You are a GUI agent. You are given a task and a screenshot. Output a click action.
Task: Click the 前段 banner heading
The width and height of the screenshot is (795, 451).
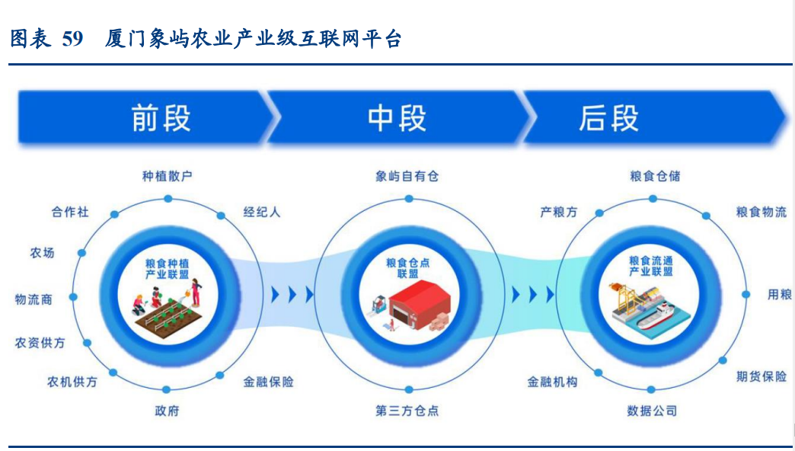click(161, 119)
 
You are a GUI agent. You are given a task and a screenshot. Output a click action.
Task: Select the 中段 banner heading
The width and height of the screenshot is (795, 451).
click(397, 119)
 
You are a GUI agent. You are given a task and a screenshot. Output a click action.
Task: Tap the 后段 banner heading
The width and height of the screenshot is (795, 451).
click(608, 119)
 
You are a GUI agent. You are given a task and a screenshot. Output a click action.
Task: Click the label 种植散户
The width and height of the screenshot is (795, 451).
click(168, 176)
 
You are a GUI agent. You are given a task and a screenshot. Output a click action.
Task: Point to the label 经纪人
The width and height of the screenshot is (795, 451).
click(262, 212)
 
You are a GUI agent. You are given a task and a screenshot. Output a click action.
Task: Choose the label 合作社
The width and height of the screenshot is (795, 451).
click(70, 212)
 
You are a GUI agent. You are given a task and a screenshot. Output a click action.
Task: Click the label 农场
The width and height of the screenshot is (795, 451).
click(42, 252)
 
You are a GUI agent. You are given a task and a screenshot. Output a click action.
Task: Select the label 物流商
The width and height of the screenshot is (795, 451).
click(34, 299)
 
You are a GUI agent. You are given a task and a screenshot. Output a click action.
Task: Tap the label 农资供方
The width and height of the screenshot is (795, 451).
click(40, 343)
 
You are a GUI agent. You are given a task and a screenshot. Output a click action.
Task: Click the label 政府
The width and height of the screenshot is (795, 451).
click(168, 411)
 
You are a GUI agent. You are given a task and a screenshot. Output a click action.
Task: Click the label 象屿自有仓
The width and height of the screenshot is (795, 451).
click(407, 176)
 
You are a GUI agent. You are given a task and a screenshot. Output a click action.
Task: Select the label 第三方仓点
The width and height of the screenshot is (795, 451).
click(407, 411)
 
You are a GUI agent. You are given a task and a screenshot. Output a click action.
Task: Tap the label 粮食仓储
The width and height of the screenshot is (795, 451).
click(655, 176)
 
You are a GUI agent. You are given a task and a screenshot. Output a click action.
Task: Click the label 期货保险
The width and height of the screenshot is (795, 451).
click(761, 376)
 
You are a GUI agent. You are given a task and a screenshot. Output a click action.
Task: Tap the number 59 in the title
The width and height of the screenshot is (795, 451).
click(72, 39)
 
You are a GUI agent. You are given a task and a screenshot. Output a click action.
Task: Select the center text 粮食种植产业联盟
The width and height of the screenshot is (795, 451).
click(168, 267)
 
